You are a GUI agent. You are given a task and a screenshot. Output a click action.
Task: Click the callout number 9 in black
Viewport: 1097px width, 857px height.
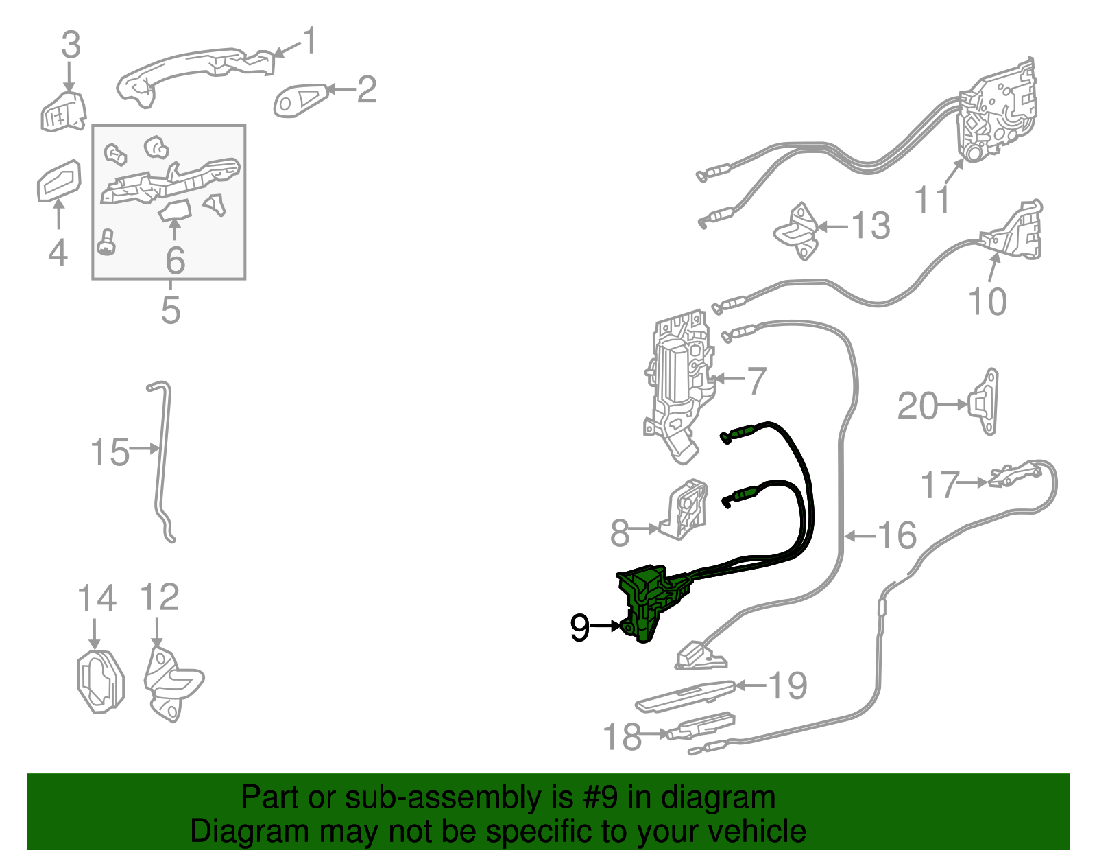coord(579,627)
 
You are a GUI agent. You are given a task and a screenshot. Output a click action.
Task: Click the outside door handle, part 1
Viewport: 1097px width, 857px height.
coord(192,69)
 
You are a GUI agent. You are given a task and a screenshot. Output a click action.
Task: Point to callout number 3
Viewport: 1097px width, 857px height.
coord(71,45)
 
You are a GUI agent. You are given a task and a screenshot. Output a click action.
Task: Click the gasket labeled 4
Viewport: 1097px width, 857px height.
coord(58,180)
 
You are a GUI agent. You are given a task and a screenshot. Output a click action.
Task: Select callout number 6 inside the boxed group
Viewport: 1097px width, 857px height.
coord(175,259)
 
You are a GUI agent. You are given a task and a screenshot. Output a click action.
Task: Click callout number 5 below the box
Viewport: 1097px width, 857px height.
coord(170,309)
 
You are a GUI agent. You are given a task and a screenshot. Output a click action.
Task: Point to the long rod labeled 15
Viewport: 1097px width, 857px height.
coord(162,460)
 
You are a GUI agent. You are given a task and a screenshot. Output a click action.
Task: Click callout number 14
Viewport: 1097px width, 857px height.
coord(97,598)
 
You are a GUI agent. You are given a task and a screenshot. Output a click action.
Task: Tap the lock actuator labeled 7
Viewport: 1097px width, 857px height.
coord(679,384)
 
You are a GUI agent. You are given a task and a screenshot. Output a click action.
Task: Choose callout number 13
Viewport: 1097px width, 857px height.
coord(870,226)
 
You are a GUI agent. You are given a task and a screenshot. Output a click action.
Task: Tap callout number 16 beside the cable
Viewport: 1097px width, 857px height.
coord(896,535)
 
